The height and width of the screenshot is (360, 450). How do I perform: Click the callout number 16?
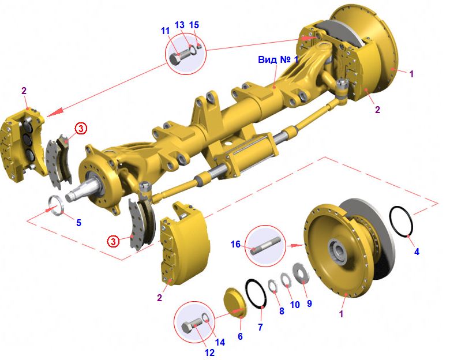point(235,244)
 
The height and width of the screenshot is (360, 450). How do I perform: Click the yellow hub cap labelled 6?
point(235,302)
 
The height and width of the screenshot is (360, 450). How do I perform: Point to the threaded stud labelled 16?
point(264,247)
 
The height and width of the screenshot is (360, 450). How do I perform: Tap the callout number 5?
point(78,223)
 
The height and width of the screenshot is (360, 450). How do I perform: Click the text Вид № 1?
point(278,60)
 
